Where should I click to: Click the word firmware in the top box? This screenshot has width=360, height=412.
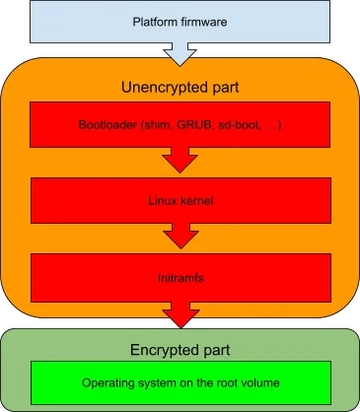tap(203, 21)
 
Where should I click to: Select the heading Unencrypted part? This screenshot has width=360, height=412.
tap(180, 87)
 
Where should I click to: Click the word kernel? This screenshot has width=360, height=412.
tap(195, 200)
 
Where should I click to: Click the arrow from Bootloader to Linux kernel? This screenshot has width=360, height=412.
tap(180, 161)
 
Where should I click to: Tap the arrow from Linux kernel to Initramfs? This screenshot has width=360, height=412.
tap(180, 237)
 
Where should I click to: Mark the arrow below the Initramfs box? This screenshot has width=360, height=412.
tap(180, 314)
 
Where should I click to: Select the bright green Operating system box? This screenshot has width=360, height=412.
tap(180, 380)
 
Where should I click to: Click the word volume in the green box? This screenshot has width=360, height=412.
tap(258, 381)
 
